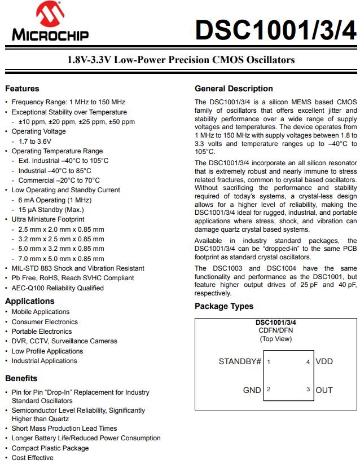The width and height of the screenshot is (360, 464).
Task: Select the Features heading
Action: pyautogui.click(x=22, y=89)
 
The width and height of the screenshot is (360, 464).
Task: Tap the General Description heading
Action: pyautogui.click(x=234, y=89)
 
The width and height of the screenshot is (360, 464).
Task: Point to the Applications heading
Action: pyautogui.click(x=30, y=301)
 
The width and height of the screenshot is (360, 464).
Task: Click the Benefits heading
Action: pyautogui.click(x=21, y=378)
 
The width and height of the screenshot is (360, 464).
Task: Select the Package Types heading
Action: pyautogui.click(x=224, y=306)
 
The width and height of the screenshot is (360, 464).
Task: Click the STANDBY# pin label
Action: pyautogui.click(x=240, y=361)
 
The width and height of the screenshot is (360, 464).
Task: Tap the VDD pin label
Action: pyautogui.click(x=324, y=361)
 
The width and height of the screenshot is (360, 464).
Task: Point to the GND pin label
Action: pyautogui.click(x=252, y=390)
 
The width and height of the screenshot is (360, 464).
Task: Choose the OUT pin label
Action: pyautogui.click(x=324, y=390)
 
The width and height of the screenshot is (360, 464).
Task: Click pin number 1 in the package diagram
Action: pyautogui.click(x=269, y=362)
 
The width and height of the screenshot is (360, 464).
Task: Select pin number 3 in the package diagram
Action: pyautogui.click(x=308, y=390)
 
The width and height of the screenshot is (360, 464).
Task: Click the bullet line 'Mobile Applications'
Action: pyautogui.click(x=41, y=312)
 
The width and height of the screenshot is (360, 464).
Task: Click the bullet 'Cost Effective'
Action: pyautogui.click(x=33, y=458)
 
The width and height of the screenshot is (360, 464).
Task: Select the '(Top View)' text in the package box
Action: pyautogui.click(x=275, y=339)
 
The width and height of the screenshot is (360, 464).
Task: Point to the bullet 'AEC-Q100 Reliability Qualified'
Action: pyautogui.click(x=58, y=288)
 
